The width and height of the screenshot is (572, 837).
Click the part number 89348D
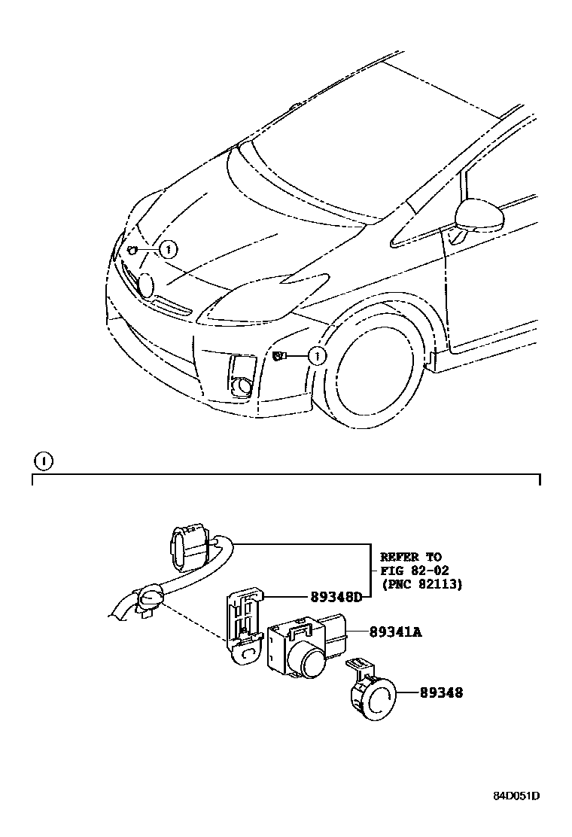(336, 597)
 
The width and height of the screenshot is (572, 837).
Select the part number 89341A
(395, 632)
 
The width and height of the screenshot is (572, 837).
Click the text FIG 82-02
(414, 571)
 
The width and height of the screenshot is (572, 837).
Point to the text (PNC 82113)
(421, 583)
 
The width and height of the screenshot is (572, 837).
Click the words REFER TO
(411, 557)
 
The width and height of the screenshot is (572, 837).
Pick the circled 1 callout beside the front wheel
(318, 355)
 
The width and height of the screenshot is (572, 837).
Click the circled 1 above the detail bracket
(44, 460)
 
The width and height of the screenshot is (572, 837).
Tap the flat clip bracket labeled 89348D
(242, 625)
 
